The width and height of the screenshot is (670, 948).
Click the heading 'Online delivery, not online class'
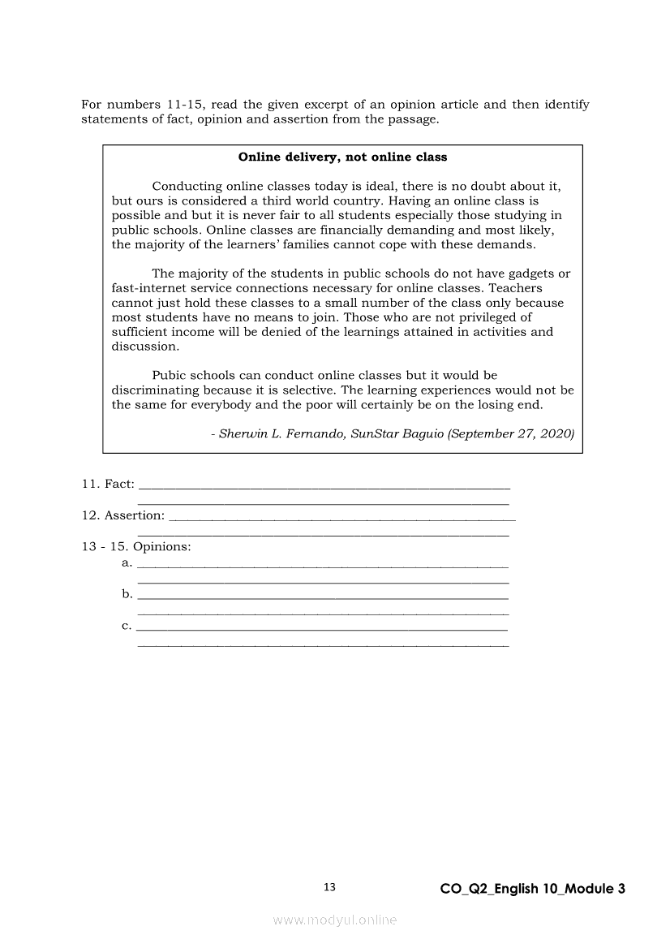click(342, 157)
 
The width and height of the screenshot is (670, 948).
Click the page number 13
click(329, 887)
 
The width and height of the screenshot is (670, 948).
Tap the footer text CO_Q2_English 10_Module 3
click(533, 889)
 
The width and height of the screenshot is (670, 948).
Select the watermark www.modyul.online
click(335, 920)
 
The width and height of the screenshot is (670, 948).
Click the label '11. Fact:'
click(108, 484)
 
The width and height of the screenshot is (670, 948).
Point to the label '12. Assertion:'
click(122, 515)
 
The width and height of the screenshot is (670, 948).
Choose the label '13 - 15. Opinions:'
click(136, 547)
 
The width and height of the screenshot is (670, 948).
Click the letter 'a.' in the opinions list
click(127, 562)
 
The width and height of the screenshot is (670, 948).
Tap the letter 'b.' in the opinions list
click(127, 594)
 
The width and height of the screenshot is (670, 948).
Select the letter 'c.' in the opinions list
click(127, 625)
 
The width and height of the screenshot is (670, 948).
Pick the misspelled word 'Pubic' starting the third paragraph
click(168, 376)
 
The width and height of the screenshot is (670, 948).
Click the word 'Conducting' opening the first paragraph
click(186, 187)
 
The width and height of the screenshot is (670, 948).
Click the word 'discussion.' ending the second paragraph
click(145, 347)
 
